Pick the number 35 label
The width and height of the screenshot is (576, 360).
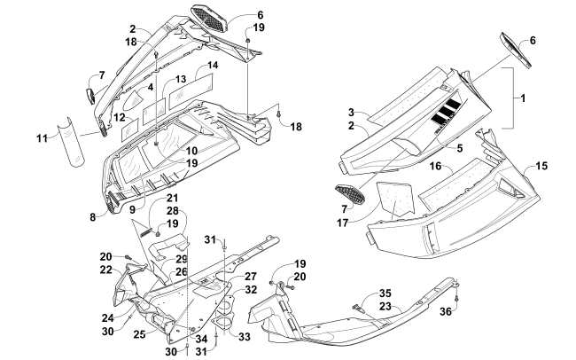[x=385, y=293]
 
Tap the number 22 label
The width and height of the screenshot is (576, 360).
[x=105, y=270]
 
